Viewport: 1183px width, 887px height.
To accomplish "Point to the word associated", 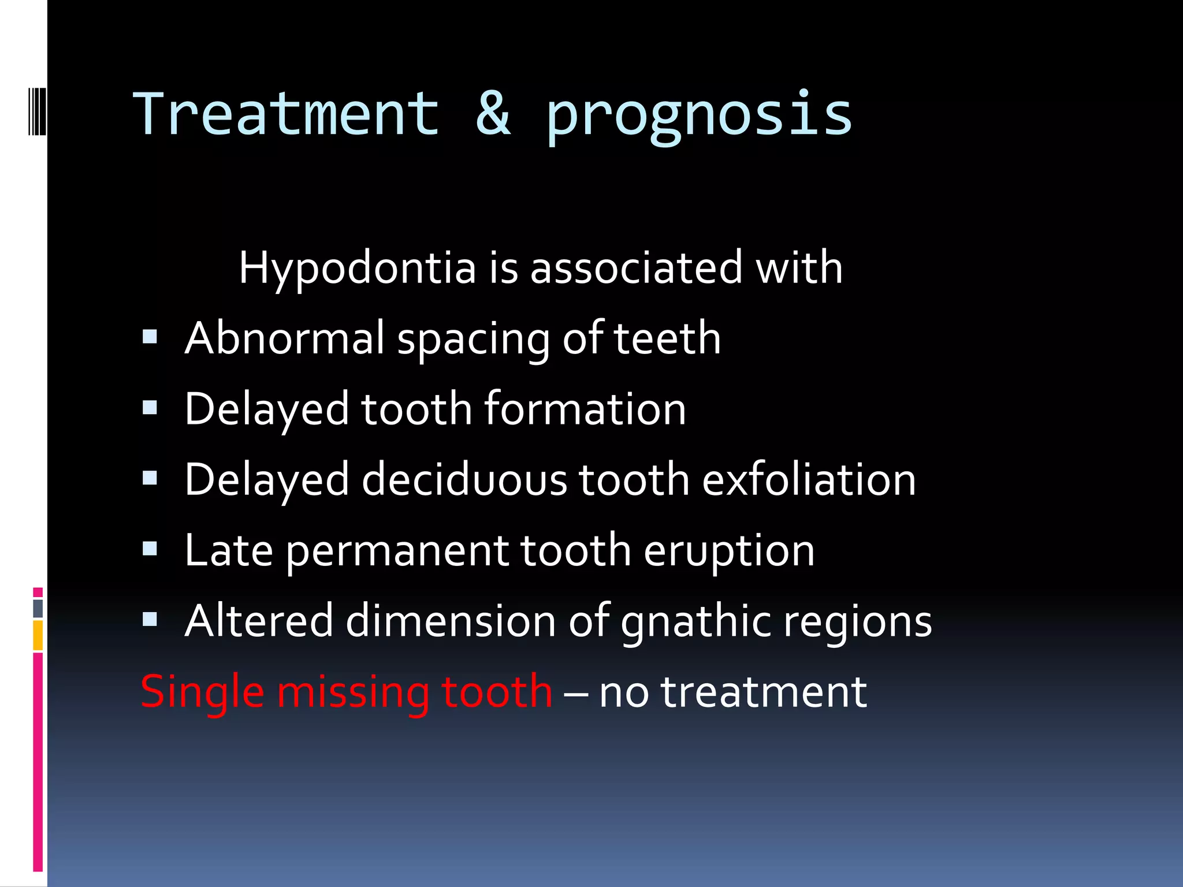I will (636, 269).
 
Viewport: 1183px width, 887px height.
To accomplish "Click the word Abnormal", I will (284, 338).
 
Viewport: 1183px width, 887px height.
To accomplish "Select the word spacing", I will (473, 341).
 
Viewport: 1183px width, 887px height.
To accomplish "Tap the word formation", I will (585, 409).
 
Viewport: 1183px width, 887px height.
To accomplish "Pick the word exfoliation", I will (809, 480).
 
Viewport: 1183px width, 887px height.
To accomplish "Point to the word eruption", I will (729, 551).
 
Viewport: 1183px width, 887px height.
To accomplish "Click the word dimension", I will (450, 621).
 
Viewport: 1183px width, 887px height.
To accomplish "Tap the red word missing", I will (352, 692).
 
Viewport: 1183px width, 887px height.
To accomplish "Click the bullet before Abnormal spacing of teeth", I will (150, 337).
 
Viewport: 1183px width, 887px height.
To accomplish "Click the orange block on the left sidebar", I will (38, 635).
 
